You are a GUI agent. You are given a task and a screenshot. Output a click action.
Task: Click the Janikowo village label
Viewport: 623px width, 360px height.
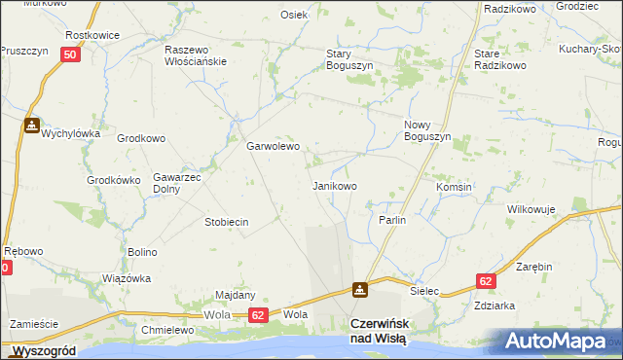[x=334, y=185]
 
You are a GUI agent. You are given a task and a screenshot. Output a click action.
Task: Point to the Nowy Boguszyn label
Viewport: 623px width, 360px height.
[x=426, y=130]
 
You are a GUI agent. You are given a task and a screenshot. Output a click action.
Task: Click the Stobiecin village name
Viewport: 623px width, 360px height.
[x=226, y=222]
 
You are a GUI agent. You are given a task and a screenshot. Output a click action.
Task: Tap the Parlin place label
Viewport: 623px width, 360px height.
[x=391, y=220]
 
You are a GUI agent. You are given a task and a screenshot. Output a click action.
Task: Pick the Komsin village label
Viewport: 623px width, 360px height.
[x=454, y=187]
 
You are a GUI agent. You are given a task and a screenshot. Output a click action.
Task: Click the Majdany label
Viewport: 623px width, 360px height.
[x=235, y=295]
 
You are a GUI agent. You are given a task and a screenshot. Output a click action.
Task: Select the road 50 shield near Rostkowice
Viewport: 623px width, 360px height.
[x=69, y=55]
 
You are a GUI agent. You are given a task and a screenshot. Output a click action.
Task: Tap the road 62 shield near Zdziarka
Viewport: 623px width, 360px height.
[x=487, y=280]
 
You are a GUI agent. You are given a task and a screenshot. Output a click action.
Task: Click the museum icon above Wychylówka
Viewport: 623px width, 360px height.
[x=32, y=126]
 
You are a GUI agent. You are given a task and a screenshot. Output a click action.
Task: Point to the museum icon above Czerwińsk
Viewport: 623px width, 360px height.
[x=360, y=289]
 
